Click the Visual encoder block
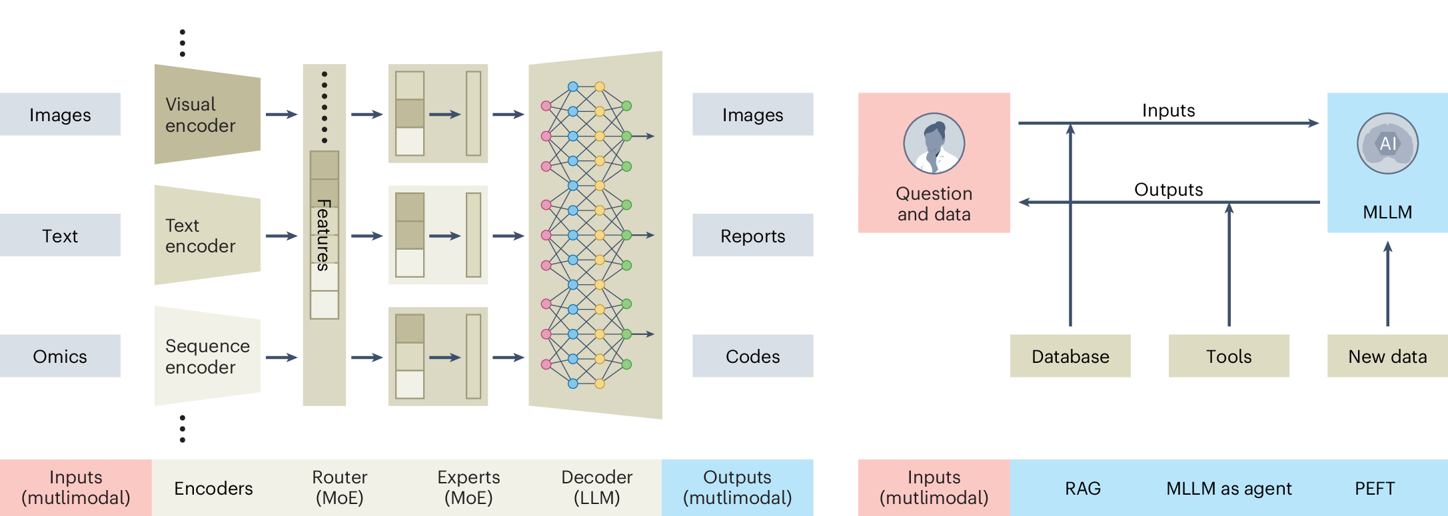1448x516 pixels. pyautogui.click(x=207, y=115)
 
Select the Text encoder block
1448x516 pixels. pyautogui.click(x=207, y=236)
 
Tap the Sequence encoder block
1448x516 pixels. pyautogui.click(x=207, y=356)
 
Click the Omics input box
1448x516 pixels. pyautogui.click(x=60, y=356)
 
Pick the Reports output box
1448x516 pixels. pyautogui.click(x=752, y=236)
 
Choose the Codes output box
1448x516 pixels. pyautogui.click(x=752, y=356)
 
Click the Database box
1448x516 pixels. pyautogui.click(x=1070, y=356)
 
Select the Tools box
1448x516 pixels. pyautogui.click(x=1229, y=356)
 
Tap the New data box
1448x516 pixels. pyautogui.click(x=1387, y=356)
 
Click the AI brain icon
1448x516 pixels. pyautogui.click(x=1387, y=143)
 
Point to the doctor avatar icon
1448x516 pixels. pyautogui.click(x=934, y=143)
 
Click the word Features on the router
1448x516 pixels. pyautogui.click(x=324, y=235)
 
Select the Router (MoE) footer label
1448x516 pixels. pyautogui.click(x=339, y=487)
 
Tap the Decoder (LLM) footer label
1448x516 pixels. pyautogui.click(x=596, y=487)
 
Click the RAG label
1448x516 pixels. pyautogui.click(x=1083, y=489)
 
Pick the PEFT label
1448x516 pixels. pyautogui.click(x=1374, y=489)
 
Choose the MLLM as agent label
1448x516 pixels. pyautogui.click(x=1229, y=489)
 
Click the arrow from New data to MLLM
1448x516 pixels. pyautogui.click(x=1387, y=283)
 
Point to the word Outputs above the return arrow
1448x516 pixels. pyautogui.click(x=1168, y=190)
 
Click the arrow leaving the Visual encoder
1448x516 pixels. pyautogui.click(x=281, y=115)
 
